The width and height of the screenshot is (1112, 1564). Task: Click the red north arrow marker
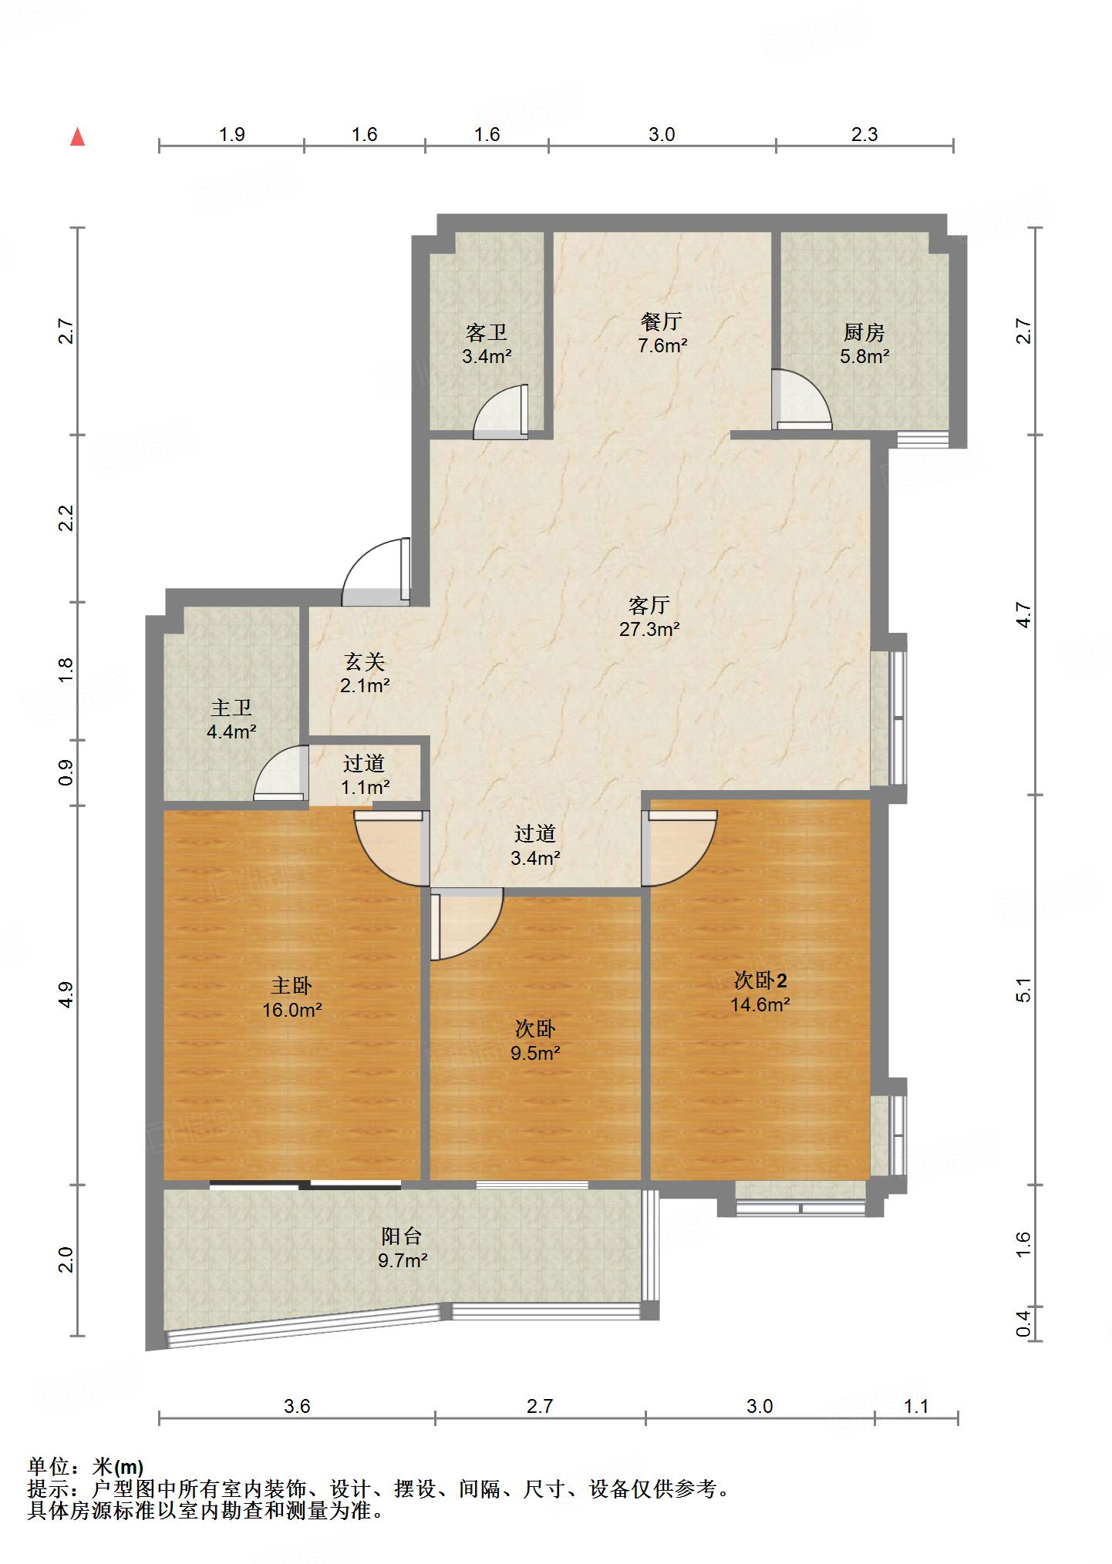[x=77, y=137]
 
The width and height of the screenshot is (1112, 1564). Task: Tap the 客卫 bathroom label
[x=487, y=332]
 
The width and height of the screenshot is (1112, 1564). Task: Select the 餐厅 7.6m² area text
[x=662, y=345]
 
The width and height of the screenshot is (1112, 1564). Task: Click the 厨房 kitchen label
[x=864, y=332]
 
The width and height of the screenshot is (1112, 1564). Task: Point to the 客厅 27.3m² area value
[x=649, y=629]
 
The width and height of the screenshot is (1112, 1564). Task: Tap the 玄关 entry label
[x=364, y=661]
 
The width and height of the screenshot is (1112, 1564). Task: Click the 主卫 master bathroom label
[x=231, y=707]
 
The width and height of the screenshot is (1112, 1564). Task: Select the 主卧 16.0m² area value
[x=291, y=1009]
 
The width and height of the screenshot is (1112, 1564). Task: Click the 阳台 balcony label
[x=402, y=1236]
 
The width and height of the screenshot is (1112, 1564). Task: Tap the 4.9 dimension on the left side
[x=67, y=995]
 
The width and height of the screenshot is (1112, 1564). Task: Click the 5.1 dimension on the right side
[x=1023, y=990]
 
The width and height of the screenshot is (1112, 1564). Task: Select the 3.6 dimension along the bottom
[x=297, y=1406]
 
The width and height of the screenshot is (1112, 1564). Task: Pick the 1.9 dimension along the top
[x=231, y=134]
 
